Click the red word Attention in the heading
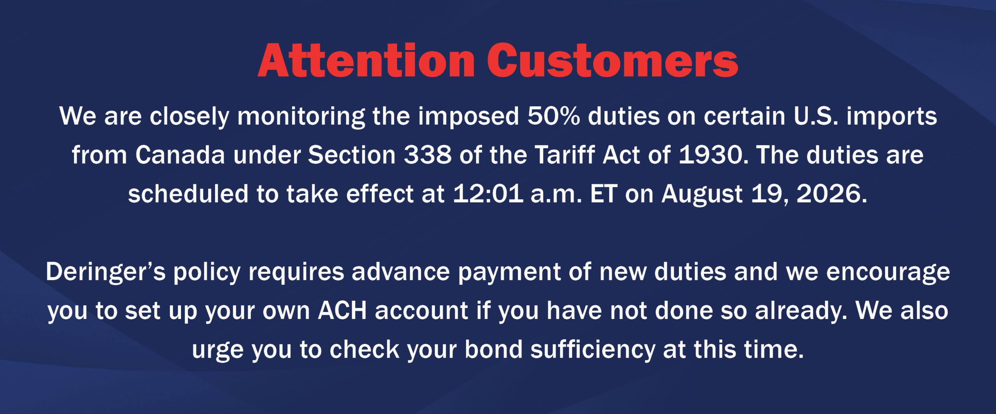tap(366, 61)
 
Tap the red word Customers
tap(612, 61)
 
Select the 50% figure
tap(554, 116)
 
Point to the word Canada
tap(180, 155)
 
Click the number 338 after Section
tap(428, 155)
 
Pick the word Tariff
tap(565, 155)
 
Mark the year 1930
tap(711, 155)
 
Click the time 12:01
tap(488, 194)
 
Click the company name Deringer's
tap(105, 272)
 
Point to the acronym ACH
tap(342, 311)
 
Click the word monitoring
tap(301, 117)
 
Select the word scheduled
tap(188, 194)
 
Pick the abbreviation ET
tap(603, 194)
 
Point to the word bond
tap(493, 349)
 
